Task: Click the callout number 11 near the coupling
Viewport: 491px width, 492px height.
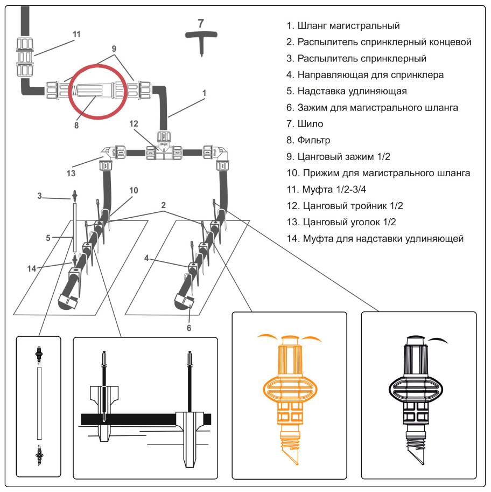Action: [x=76, y=34]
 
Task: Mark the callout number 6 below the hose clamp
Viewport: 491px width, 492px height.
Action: [x=190, y=327]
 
